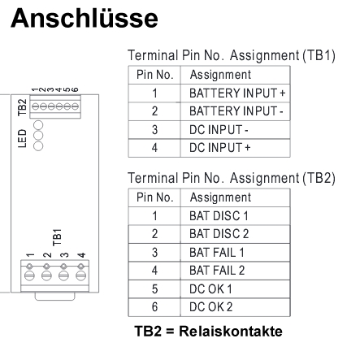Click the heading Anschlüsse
85,18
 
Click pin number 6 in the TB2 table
154,307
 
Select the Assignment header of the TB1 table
220,75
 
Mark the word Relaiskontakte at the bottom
231,332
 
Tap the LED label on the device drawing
23,138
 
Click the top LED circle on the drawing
38,125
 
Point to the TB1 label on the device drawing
57,237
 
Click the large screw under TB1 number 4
80,275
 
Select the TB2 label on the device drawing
23,107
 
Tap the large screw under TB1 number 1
29,275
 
